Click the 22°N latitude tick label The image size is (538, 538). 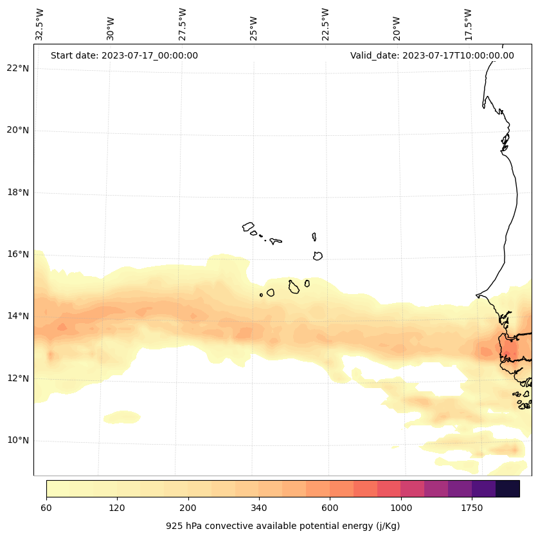click(18, 68)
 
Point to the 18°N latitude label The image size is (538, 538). click(18, 192)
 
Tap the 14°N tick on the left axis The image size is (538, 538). click(18, 316)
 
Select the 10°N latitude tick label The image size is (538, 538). click(18, 441)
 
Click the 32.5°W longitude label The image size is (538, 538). click(40, 24)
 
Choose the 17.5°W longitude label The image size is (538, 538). click(468, 24)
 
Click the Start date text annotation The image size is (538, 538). click(124, 55)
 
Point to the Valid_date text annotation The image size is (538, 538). click(432, 55)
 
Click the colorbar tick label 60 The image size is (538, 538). click(46, 508)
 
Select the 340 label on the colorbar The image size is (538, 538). click(259, 508)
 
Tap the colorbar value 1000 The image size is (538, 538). click(401, 508)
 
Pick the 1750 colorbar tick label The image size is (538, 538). click(472, 508)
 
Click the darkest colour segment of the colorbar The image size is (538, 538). click(508, 488)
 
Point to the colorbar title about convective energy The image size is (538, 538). click(283, 526)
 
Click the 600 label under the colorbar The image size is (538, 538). click(330, 508)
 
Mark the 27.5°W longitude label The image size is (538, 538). click(183, 24)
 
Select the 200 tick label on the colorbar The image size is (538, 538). click(188, 508)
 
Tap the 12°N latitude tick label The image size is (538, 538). click(18, 378)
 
